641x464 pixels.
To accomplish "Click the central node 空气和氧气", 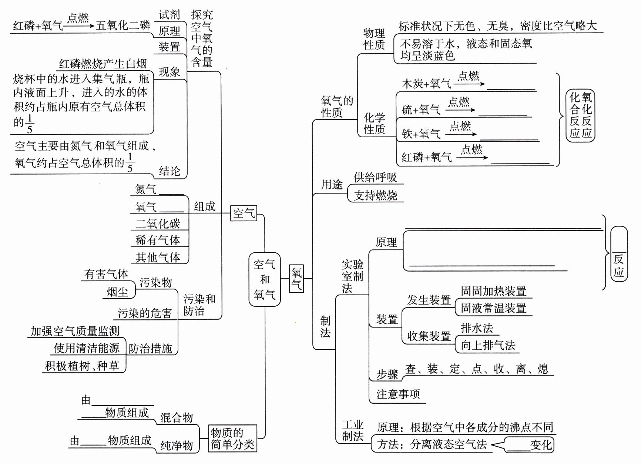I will click(x=264, y=279).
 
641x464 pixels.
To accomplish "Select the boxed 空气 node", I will click(x=244, y=213).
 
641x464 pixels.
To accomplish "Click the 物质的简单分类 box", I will click(x=232, y=438).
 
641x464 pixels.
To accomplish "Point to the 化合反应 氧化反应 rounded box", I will click(x=580, y=115).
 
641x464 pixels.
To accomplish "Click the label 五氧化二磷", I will click(x=123, y=26).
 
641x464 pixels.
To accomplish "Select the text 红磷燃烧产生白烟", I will click(x=103, y=64).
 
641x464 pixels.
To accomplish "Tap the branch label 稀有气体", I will click(x=158, y=240).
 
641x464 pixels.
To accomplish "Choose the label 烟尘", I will click(x=117, y=292).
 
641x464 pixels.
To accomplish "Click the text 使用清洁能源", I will click(x=87, y=348).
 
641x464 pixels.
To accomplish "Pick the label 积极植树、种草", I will click(x=82, y=366).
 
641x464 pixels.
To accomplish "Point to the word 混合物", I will click(x=177, y=418).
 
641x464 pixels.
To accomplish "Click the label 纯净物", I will click(x=177, y=445).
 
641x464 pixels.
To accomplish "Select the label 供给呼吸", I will click(x=375, y=178).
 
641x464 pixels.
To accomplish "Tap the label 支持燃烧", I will click(x=375, y=195).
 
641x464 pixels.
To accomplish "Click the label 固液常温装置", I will click(x=493, y=308).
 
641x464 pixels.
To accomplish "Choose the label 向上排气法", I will click(x=488, y=345).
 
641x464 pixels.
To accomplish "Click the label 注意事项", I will click(x=398, y=394).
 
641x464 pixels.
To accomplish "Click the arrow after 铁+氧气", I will click(x=461, y=134).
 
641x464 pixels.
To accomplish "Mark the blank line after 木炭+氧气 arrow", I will click(x=511, y=89).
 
